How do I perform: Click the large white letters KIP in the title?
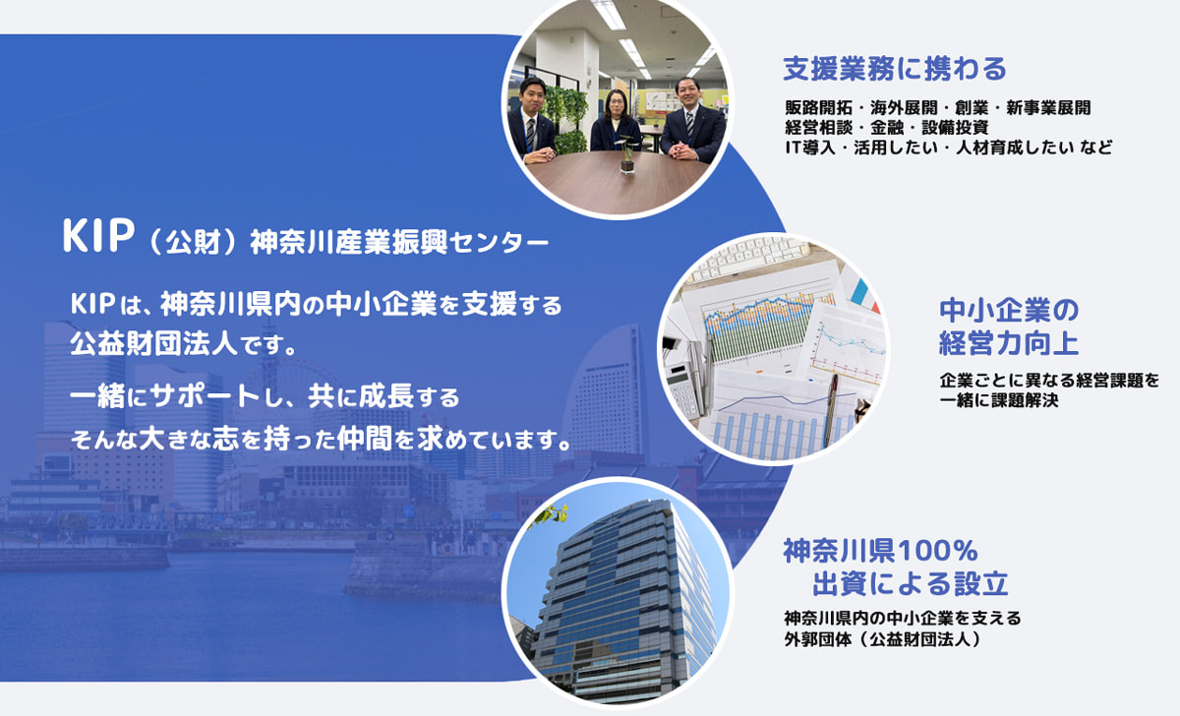click(98, 235)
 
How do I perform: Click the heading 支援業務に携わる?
click(895, 69)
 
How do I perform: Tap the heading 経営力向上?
click(1009, 343)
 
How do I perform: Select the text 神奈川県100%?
click(880, 551)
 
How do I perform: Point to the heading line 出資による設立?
click(911, 583)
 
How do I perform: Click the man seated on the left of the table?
click(532, 120)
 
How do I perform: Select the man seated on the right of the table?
click(692, 120)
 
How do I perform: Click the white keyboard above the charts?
click(749, 259)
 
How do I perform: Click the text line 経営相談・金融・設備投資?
click(887, 128)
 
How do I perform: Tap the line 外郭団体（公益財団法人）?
click(883, 639)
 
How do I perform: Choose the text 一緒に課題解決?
click(999, 400)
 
